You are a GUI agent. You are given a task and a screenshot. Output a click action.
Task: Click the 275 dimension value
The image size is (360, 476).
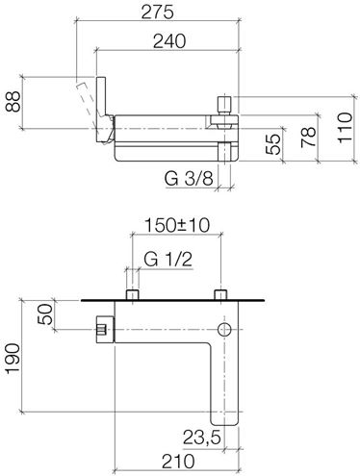point(157,13)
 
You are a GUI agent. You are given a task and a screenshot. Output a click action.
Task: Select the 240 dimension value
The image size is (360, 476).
point(169,41)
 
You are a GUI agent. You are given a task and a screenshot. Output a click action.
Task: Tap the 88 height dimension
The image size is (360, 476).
point(13,102)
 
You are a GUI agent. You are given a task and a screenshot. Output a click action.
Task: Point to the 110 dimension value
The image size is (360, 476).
point(345,128)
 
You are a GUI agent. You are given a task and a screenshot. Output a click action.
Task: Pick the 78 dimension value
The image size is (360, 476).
point(309,138)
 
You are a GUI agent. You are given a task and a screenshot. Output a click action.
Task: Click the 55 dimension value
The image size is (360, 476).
point(273,144)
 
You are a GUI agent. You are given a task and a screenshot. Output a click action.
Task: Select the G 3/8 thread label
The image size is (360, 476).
point(189,178)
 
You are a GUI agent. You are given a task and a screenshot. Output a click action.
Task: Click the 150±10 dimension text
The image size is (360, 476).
point(177,225)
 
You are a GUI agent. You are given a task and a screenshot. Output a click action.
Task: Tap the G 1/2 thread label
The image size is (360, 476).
point(167,260)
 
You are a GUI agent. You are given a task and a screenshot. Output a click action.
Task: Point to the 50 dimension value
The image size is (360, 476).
point(45,314)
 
